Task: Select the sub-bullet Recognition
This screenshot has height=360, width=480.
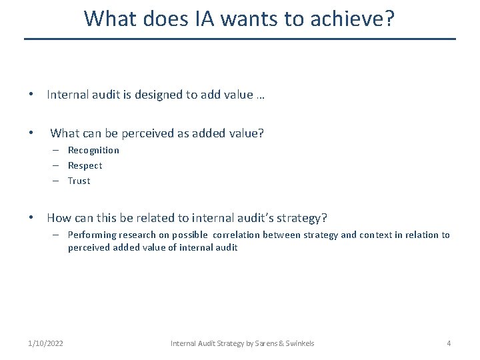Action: (93, 150)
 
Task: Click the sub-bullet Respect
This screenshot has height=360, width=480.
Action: (85, 165)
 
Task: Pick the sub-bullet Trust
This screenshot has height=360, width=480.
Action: (79, 181)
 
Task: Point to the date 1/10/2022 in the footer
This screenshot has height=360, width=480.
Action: (46, 343)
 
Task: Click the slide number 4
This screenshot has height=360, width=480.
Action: (449, 343)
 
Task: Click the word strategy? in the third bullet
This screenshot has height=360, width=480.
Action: (303, 218)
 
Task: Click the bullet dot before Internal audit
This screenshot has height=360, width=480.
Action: (32, 95)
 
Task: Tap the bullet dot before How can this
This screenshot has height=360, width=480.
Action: (32, 218)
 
